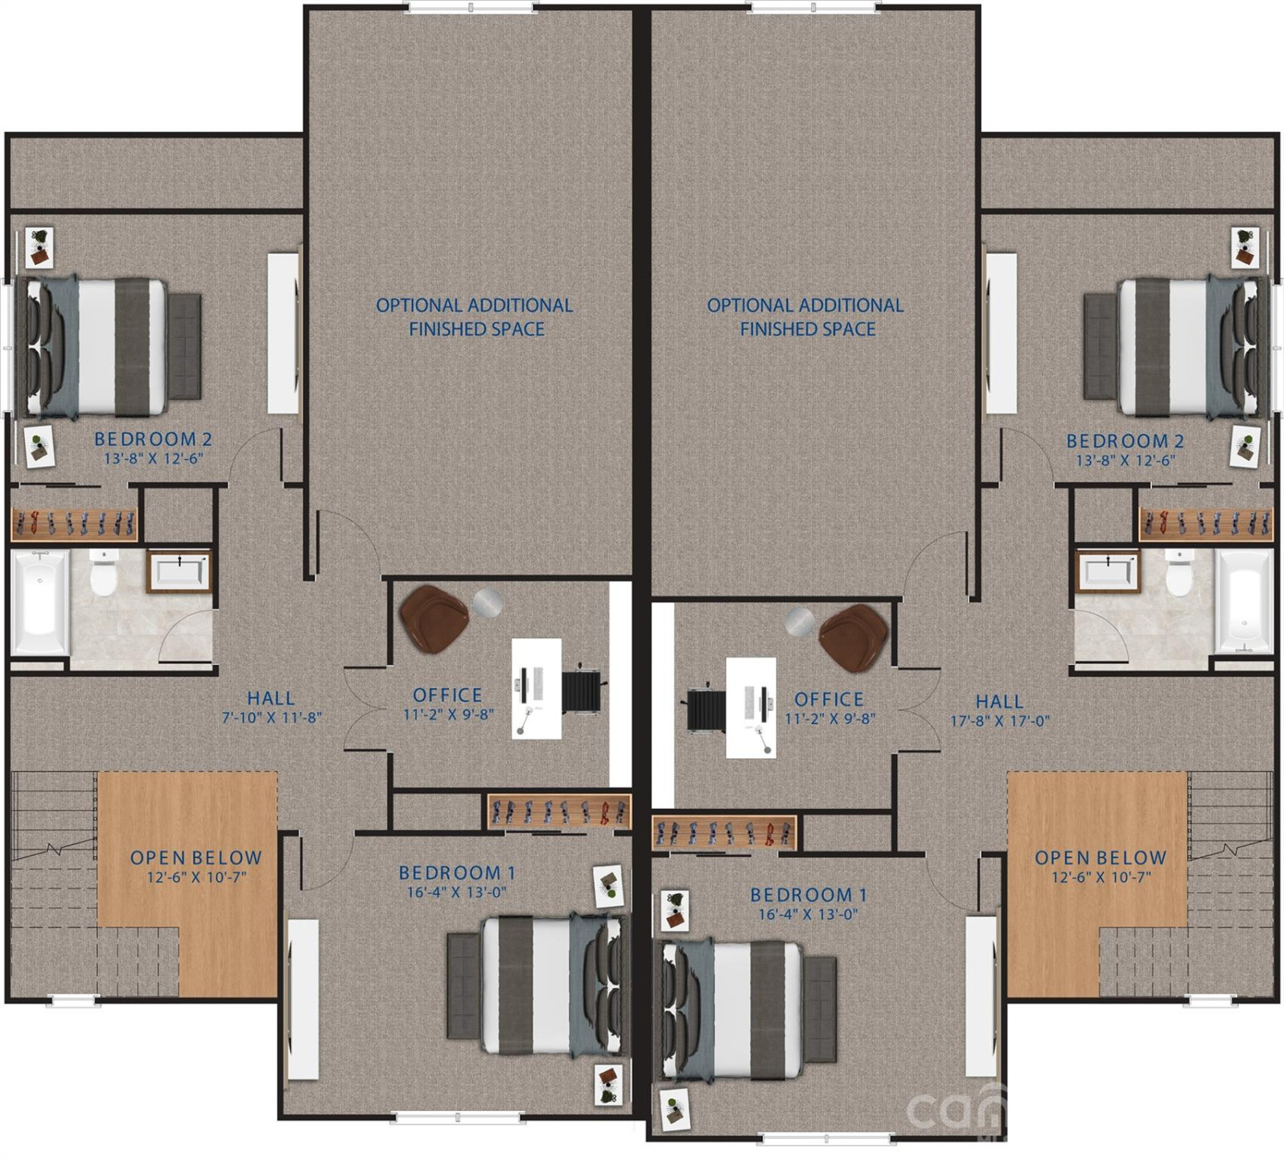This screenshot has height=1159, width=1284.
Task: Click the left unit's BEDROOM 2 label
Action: [153, 439]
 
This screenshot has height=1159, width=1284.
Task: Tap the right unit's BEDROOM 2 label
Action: [1125, 441]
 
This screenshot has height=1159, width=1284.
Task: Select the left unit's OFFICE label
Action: [447, 695]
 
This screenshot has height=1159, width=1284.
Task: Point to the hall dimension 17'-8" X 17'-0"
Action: [1000, 721]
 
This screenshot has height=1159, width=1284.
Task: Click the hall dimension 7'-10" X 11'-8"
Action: [272, 717]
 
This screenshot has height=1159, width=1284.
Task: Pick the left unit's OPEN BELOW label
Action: [196, 858]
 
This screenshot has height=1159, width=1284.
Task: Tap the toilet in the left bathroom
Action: [104, 572]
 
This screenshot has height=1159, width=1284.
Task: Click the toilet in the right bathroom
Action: [1179, 573]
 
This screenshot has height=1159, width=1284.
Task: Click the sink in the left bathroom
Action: [179, 571]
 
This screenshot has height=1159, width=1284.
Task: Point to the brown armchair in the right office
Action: [852, 635]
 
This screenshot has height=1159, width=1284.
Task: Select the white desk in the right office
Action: [751, 707]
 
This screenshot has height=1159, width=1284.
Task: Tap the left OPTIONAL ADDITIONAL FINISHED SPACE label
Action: [475, 317]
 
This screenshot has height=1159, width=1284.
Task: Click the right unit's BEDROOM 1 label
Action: [808, 894]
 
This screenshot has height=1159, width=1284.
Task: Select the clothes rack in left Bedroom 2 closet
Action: [74, 524]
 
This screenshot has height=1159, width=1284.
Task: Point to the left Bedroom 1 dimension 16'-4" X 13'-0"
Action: [456, 892]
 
